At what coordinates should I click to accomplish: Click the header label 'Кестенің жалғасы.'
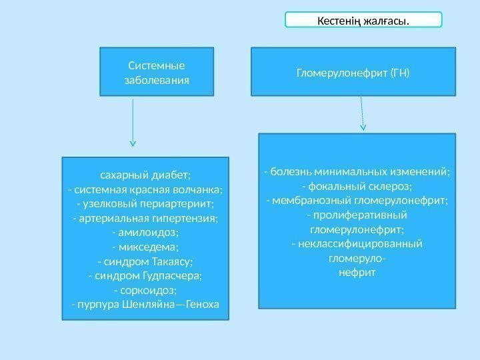tap(363, 20)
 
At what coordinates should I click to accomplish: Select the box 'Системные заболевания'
tap(157, 71)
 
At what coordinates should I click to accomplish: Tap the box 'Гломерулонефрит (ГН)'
tap(353, 71)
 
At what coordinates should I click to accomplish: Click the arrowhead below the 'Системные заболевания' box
tap(133, 143)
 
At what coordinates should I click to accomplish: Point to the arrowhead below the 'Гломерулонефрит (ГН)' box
tap(363, 126)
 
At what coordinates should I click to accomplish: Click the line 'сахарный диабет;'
tap(145, 175)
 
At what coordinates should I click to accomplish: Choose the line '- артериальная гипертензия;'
tap(145, 218)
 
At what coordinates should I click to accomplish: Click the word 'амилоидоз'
tap(148, 233)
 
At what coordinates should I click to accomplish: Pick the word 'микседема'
tap(148, 247)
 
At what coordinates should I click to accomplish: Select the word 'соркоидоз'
tap(148, 291)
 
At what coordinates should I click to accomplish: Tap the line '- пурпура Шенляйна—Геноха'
tap(145, 305)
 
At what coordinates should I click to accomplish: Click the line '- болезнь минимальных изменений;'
tap(357, 172)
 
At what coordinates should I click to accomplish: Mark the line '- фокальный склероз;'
tap(357, 186)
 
